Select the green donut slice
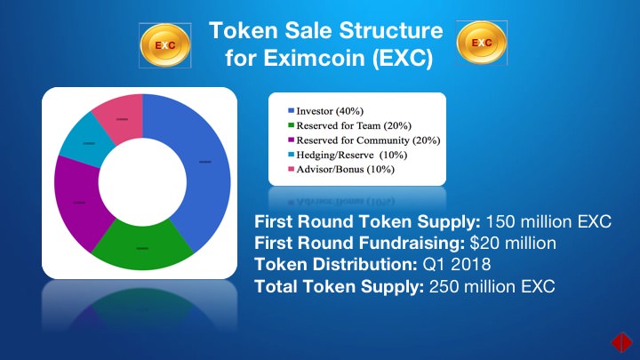click(x=142, y=247)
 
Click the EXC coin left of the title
click(x=165, y=45)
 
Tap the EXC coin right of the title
click(x=482, y=43)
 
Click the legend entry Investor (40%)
click(x=325, y=111)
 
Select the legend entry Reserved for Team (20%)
click(x=350, y=125)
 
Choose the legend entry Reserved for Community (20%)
click(x=364, y=140)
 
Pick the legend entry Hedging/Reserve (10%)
click(x=348, y=155)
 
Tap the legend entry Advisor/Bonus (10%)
click(x=341, y=169)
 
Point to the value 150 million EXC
click(x=548, y=221)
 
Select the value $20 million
click(x=513, y=244)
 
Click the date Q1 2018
click(x=457, y=265)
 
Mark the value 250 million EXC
click(x=492, y=286)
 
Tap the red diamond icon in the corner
click(x=621, y=341)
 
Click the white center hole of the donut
click(x=142, y=182)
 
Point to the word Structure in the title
click(x=391, y=30)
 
